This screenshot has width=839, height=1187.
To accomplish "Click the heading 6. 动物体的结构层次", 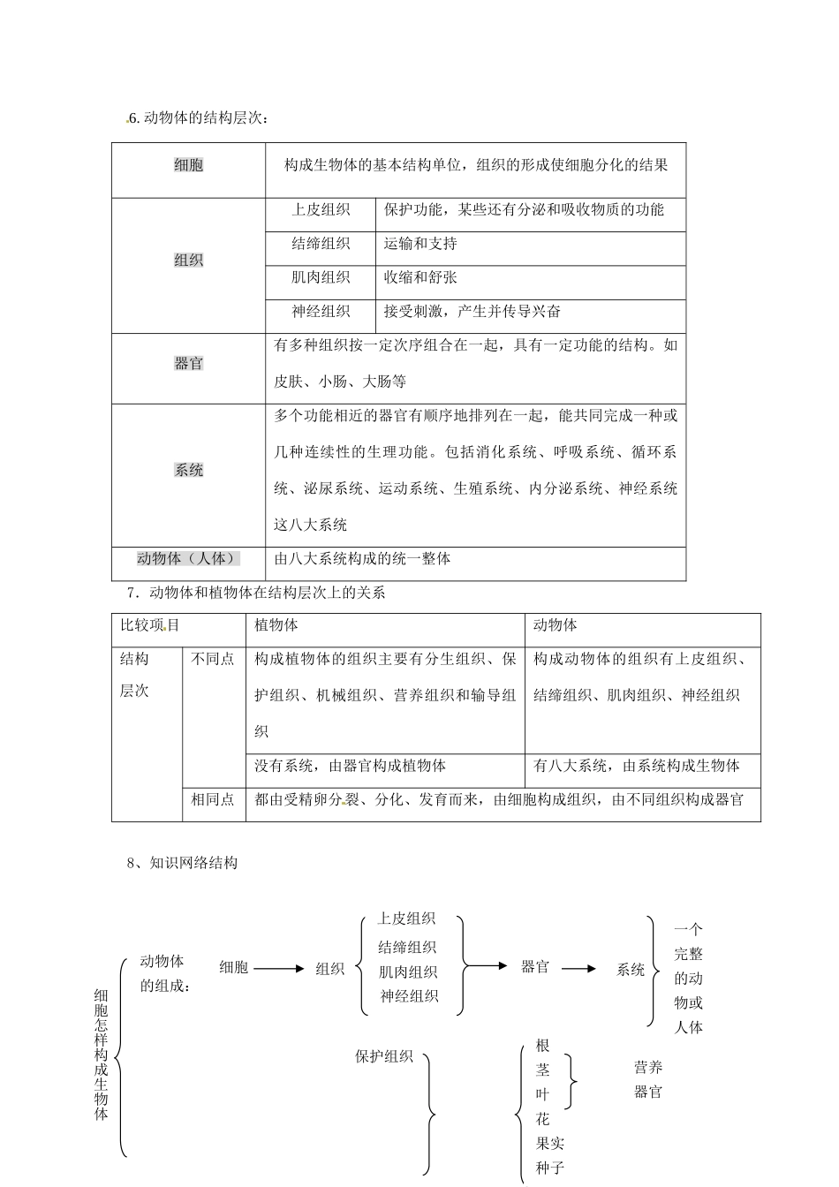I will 197,119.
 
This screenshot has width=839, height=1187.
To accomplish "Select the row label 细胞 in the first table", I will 188,165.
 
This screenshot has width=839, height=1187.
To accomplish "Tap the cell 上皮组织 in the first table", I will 321,210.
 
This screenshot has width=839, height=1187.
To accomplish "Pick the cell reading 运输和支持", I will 420,244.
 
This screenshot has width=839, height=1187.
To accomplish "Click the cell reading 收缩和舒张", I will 420,277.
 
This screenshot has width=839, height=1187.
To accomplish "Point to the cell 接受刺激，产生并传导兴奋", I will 472,311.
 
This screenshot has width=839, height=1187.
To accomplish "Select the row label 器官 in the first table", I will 188,364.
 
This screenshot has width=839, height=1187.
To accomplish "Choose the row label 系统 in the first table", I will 188,470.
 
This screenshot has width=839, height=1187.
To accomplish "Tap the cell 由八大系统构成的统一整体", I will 362,558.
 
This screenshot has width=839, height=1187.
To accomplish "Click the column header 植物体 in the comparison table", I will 276,625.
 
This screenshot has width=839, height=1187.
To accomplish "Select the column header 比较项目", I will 150,625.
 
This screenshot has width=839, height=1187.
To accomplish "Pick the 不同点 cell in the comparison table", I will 213,659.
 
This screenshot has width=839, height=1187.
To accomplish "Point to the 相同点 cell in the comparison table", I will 213,800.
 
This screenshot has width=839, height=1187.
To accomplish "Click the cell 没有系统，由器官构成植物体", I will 350,766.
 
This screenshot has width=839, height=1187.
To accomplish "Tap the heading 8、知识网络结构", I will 182,863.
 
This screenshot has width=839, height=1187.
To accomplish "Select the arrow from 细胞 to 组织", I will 278,969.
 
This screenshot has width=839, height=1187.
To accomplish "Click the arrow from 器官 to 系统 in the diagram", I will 579,969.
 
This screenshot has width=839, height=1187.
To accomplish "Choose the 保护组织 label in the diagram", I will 383,1056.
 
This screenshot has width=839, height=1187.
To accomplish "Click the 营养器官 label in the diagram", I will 647,1079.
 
